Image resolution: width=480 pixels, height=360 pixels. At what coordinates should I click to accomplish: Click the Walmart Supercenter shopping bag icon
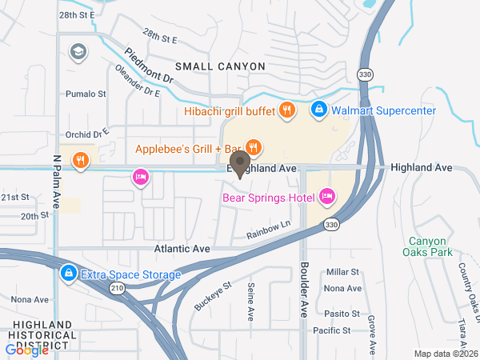(x=318, y=109)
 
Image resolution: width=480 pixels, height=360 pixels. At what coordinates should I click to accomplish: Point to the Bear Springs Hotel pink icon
(x=326, y=196)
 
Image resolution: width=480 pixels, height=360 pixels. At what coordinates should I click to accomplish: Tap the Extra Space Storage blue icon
(x=69, y=274)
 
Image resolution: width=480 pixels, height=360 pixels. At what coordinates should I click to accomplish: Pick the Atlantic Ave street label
(x=182, y=250)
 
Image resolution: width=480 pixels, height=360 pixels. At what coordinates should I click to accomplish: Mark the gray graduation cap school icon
(x=78, y=52)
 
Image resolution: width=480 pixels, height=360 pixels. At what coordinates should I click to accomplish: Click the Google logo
(x=26, y=350)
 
